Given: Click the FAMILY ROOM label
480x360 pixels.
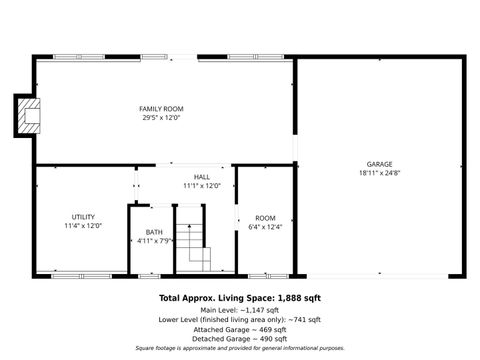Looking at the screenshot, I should (161, 108).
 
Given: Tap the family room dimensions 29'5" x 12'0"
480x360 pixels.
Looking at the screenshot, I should (161, 117).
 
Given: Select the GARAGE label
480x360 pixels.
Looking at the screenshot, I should (379, 163).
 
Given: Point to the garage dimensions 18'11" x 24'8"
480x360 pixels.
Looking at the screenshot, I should (379, 172).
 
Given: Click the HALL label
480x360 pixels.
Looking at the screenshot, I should (202, 177).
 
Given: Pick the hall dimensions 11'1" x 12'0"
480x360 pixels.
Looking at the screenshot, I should (202, 186).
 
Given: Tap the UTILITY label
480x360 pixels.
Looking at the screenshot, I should (83, 217).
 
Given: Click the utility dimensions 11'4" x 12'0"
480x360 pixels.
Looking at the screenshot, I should (83, 226).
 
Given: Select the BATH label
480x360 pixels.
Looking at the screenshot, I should (153, 232).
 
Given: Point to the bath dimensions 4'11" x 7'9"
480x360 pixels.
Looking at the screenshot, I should (153, 241).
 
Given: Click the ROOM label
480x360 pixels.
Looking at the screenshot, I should (265, 218).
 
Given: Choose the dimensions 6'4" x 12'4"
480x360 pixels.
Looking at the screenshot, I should (265, 227).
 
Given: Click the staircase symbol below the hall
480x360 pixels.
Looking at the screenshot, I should (197, 246).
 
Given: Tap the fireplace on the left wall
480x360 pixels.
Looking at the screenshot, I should (28, 115).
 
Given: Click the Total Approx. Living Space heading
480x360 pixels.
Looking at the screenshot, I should (240, 298).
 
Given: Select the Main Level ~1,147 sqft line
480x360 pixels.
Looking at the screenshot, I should (240, 309).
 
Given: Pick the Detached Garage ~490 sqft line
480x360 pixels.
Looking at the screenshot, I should (240, 339).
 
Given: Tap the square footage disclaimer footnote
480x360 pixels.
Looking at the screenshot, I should (240, 349).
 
